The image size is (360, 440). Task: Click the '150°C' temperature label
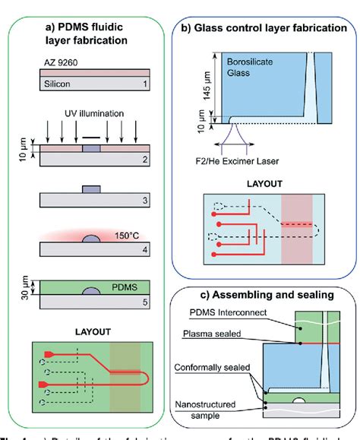126,233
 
